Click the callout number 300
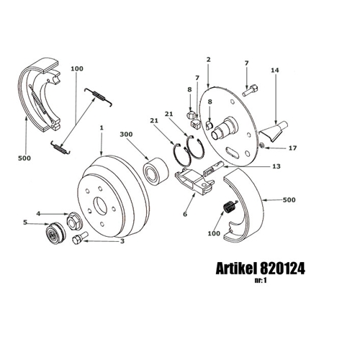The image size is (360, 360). point(126,135)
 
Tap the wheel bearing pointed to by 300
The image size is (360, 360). point(156,169)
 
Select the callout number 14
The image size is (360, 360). point(275,71)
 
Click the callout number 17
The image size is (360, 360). point(292,148)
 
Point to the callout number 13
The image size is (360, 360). point(276,166)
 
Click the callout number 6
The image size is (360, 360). point(185,214)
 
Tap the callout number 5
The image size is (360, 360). point(25,222)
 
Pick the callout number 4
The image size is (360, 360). point(38,213)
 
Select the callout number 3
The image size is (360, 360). point(122,241)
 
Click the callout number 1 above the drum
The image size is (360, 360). point(102,127)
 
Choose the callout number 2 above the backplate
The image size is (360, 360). point(208,59)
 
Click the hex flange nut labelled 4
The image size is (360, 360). point(74,221)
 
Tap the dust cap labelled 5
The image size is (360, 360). point(55,233)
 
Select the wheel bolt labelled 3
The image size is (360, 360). point(80,238)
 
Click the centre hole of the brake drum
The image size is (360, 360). point(100,207)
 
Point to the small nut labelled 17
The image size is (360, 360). point(262,145)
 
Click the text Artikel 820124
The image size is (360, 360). point(261,268)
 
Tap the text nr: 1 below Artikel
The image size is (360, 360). point(261,280)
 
